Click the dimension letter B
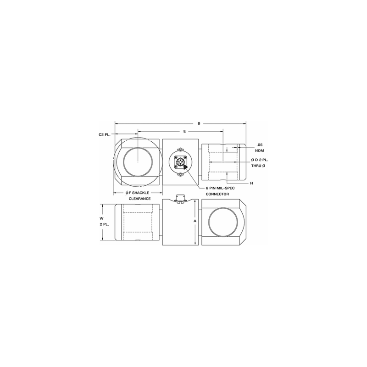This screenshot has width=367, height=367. (199, 123)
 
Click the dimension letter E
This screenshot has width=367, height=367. (184, 132)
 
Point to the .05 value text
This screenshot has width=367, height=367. (259, 145)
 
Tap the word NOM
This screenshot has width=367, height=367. (260, 150)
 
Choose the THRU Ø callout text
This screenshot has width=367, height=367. (260, 165)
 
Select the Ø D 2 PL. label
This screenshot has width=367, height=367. (260, 159)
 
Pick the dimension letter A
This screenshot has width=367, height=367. (195, 221)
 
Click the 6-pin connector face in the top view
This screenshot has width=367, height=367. (180, 162)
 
